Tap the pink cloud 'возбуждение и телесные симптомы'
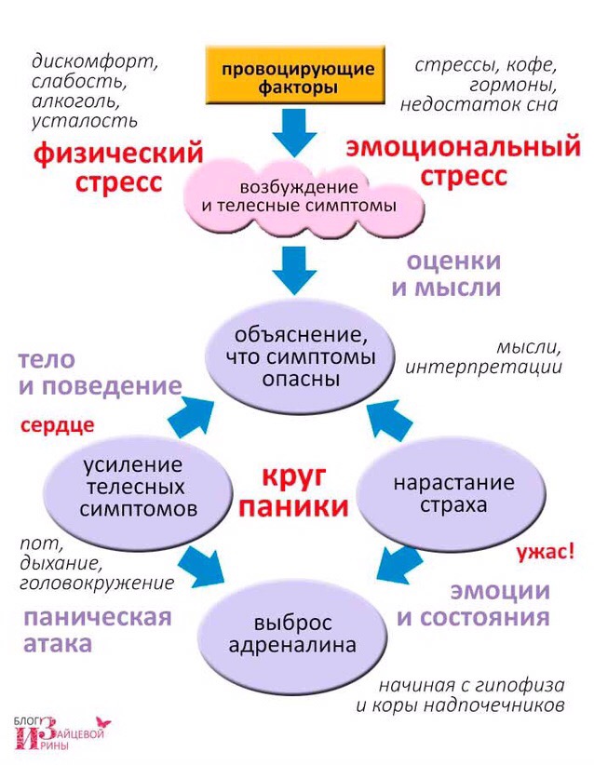click(298, 193)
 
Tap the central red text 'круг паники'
click(304, 492)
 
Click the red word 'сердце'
click(57, 426)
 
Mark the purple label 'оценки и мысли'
click(446, 274)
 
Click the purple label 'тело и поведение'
click(95, 372)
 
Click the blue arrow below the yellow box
click(296, 131)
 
